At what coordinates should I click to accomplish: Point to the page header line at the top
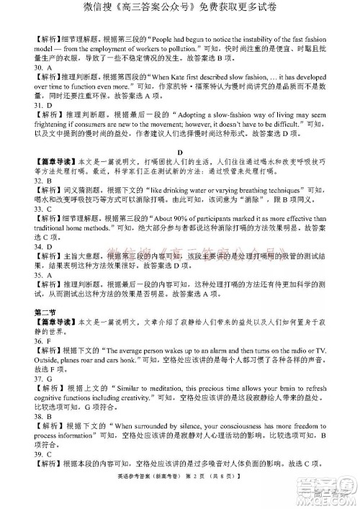(179, 9)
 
